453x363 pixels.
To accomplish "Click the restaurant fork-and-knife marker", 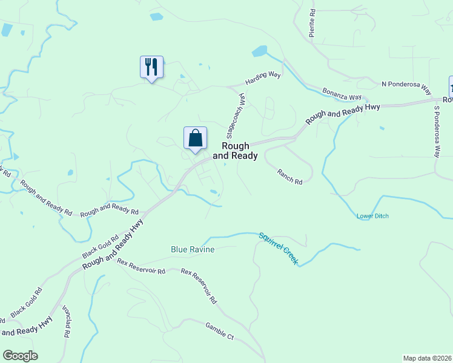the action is (x=151, y=67).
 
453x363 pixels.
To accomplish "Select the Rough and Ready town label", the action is (x=239, y=151).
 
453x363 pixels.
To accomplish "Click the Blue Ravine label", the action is (x=193, y=249).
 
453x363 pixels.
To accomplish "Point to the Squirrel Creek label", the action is (x=279, y=248).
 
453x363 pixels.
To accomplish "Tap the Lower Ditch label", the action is (x=372, y=216).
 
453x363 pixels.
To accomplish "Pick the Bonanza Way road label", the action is (x=342, y=93).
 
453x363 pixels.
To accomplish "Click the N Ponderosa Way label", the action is (x=406, y=87).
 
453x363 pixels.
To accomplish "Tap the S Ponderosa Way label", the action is (x=436, y=131).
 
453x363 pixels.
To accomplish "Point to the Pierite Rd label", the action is (x=312, y=24).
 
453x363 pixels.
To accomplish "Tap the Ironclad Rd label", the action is (x=65, y=321).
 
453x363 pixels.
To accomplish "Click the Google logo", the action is (x=20, y=356).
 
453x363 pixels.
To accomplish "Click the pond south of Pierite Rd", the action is (x=259, y=51).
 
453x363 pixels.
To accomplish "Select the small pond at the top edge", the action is (x=156, y=16).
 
